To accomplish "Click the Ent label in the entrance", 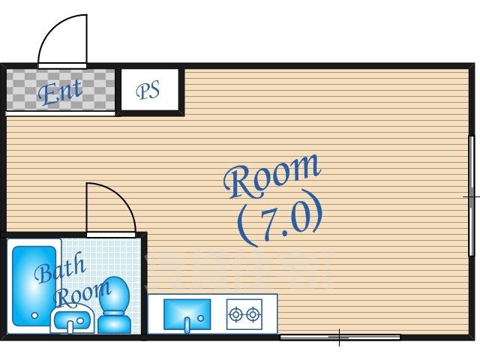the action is click(x=60, y=91).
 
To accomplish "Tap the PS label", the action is click(x=148, y=90).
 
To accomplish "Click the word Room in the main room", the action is click(x=271, y=176).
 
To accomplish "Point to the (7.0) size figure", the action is click(x=280, y=218).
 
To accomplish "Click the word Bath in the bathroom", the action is click(x=60, y=268).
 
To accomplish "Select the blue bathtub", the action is click(x=34, y=286).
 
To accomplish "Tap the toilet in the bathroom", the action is click(x=115, y=305).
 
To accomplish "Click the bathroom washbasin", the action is click(x=72, y=319).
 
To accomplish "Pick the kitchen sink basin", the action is click(x=187, y=314).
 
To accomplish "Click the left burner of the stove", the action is click(x=236, y=314).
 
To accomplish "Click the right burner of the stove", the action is click(x=253, y=314).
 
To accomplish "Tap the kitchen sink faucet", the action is click(x=187, y=325).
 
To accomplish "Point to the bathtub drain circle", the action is click(x=34, y=315).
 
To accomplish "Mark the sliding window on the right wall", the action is click(x=472, y=196).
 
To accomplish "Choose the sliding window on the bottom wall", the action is click(x=340, y=337).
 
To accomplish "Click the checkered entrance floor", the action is click(x=61, y=89).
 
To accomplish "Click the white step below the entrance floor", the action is click(x=60, y=113).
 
